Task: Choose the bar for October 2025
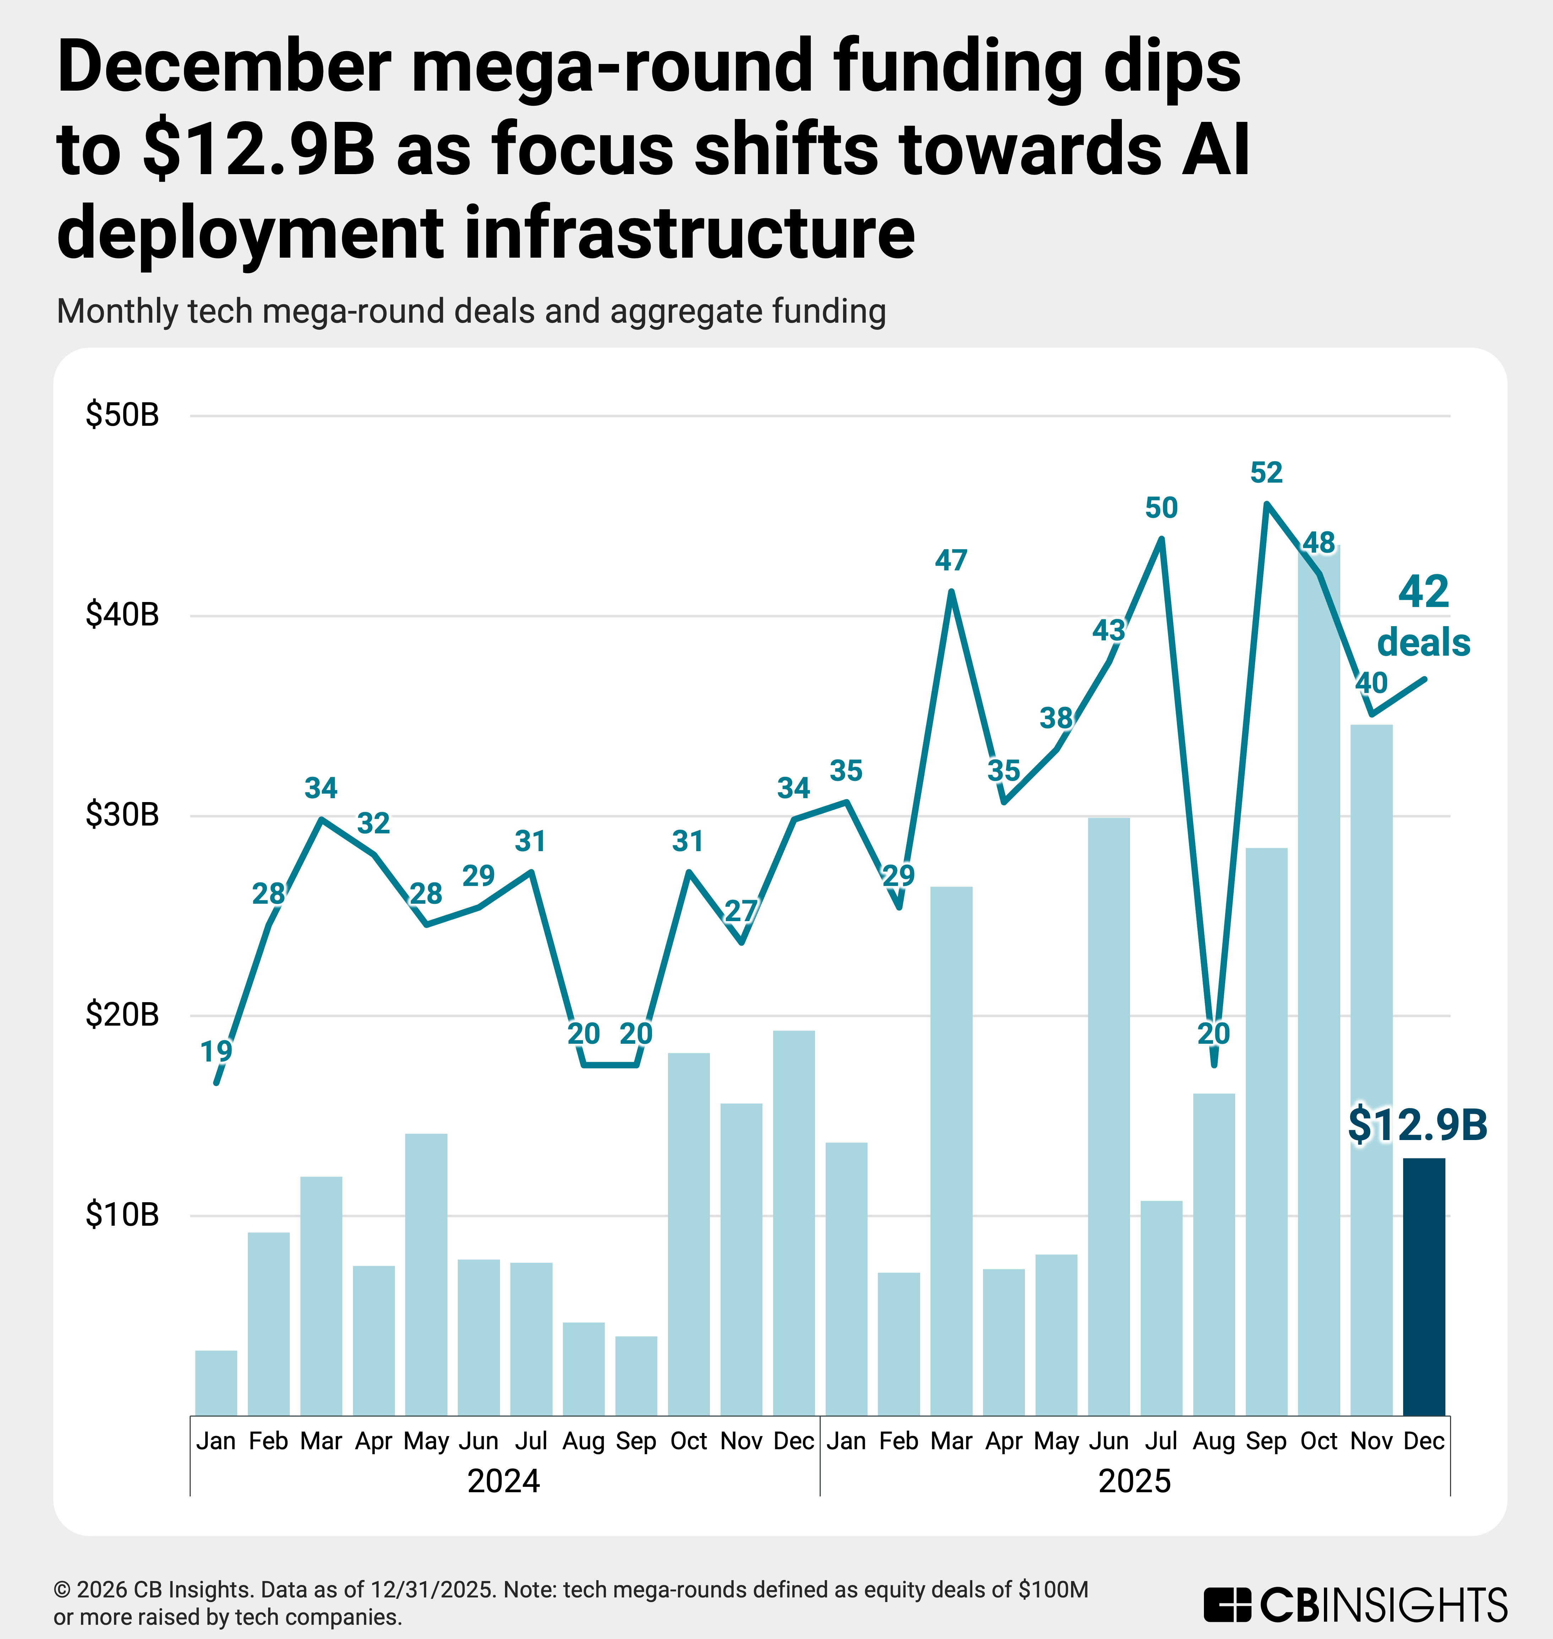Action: (1319, 994)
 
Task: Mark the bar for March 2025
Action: (951, 1151)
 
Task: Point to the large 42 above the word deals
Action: (1424, 592)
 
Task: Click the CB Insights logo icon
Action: (1227, 1604)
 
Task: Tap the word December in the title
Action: (223, 68)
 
